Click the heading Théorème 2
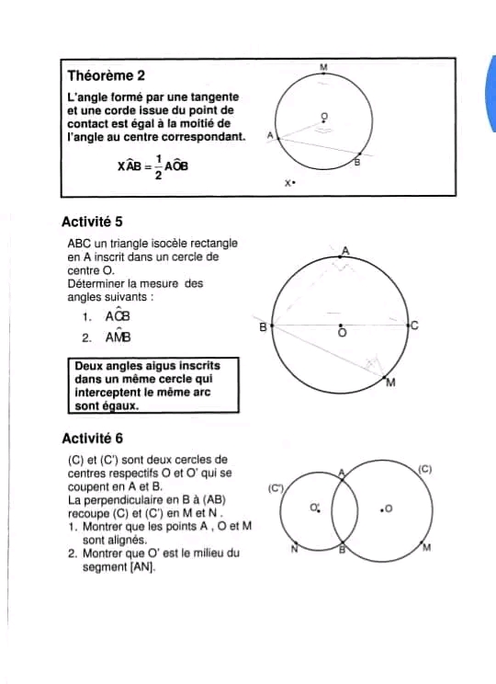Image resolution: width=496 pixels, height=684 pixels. tap(106, 74)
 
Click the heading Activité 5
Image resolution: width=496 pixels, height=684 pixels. tap(92, 222)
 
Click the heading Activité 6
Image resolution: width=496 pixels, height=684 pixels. tap(92, 439)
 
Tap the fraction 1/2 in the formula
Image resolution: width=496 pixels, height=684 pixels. tap(159, 166)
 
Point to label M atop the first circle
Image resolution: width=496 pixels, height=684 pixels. tap(323, 67)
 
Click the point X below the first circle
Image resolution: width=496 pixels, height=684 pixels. tap(288, 184)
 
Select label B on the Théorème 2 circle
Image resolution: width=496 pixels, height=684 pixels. tap(357, 163)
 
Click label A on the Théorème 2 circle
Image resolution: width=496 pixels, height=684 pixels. tap(269, 135)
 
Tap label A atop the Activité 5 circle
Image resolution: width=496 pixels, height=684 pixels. tap(345, 250)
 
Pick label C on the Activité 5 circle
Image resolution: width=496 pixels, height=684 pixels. tap(414, 325)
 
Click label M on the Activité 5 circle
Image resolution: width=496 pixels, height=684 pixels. tap(390, 382)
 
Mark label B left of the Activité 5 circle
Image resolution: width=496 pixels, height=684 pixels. tap(263, 326)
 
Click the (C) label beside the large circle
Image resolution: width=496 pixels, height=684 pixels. tap(424, 469)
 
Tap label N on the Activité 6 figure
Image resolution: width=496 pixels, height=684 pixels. tap(294, 551)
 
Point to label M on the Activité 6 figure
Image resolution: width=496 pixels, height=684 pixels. tap(426, 550)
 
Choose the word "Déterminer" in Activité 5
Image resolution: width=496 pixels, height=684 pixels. tap(98, 284)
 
